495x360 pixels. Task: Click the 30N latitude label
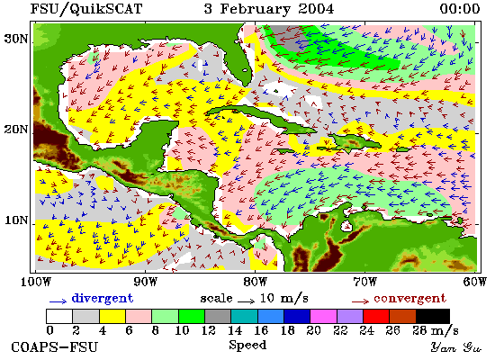15,39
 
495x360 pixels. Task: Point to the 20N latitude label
15,130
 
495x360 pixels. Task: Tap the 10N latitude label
15,220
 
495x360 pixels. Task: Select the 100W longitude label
36,282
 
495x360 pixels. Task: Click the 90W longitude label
145,282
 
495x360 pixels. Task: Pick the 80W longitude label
255,282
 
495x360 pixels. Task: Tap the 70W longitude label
364,282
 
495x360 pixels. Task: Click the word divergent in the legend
103,299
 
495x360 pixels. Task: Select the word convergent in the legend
409,299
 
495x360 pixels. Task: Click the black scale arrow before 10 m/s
247,301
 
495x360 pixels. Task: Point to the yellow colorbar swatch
112,317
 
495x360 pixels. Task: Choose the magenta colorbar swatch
323,317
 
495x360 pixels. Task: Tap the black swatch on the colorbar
433,317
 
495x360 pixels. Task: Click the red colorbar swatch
376,317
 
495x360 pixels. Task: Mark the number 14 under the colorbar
235,330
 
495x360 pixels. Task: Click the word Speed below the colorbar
247,346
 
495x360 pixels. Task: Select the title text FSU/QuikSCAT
86,8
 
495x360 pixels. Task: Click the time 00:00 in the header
460,8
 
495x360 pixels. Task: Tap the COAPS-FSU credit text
54,347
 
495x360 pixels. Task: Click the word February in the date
255,9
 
